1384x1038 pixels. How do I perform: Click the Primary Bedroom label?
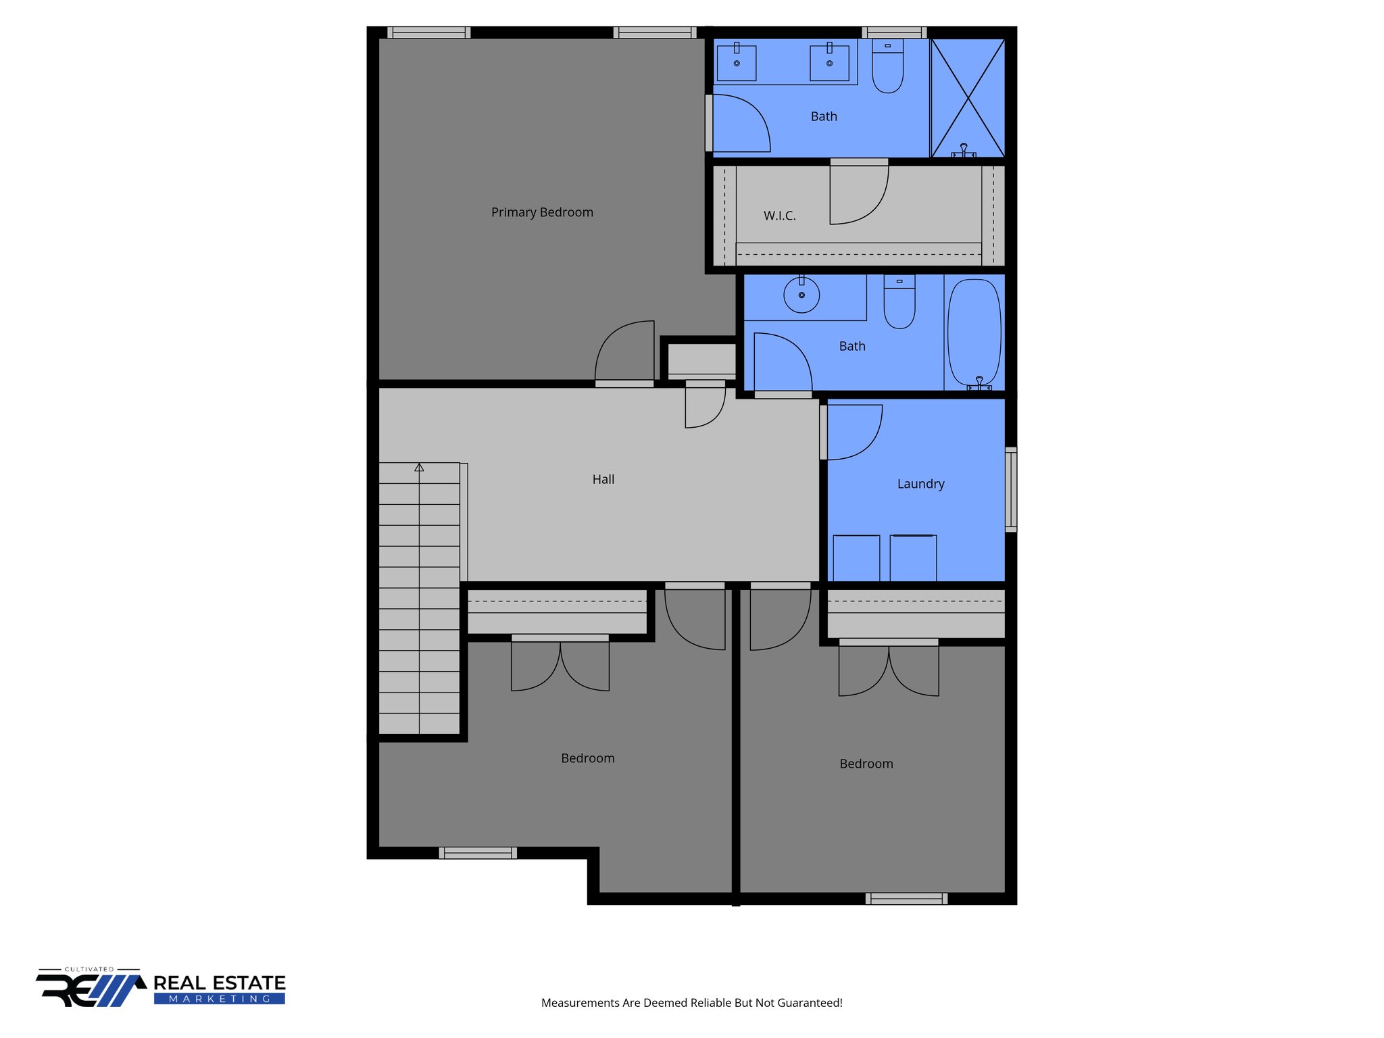(542, 212)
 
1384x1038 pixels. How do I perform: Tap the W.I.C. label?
(779, 216)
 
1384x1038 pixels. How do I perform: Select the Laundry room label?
(920, 484)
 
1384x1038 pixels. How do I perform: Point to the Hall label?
(603, 479)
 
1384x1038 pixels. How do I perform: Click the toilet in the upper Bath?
(887, 68)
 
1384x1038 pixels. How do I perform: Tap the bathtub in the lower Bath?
(974, 332)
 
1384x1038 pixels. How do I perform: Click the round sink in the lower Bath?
(801, 295)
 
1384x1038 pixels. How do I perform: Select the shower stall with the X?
(968, 98)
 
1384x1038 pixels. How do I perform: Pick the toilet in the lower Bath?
(899, 304)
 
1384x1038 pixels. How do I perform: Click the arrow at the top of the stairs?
(419, 467)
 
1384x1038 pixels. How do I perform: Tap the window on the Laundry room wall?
(1010, 489)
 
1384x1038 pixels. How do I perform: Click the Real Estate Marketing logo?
(161, 988)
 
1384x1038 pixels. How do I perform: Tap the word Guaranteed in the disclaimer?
(808, 1003)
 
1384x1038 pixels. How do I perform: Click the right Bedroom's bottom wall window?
(906, 898)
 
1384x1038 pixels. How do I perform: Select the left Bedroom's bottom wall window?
(478, 853)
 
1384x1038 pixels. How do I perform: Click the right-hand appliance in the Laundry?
(913, 558)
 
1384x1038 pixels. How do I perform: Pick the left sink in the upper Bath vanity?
(737, 63)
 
